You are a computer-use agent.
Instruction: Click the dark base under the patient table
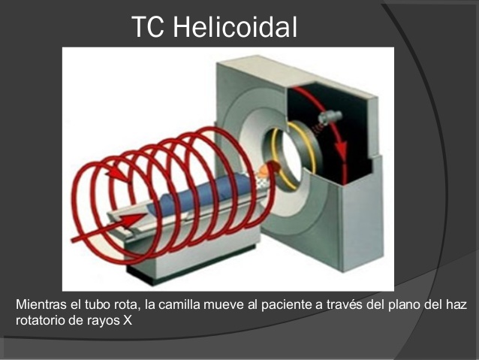[x=188, y=267]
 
